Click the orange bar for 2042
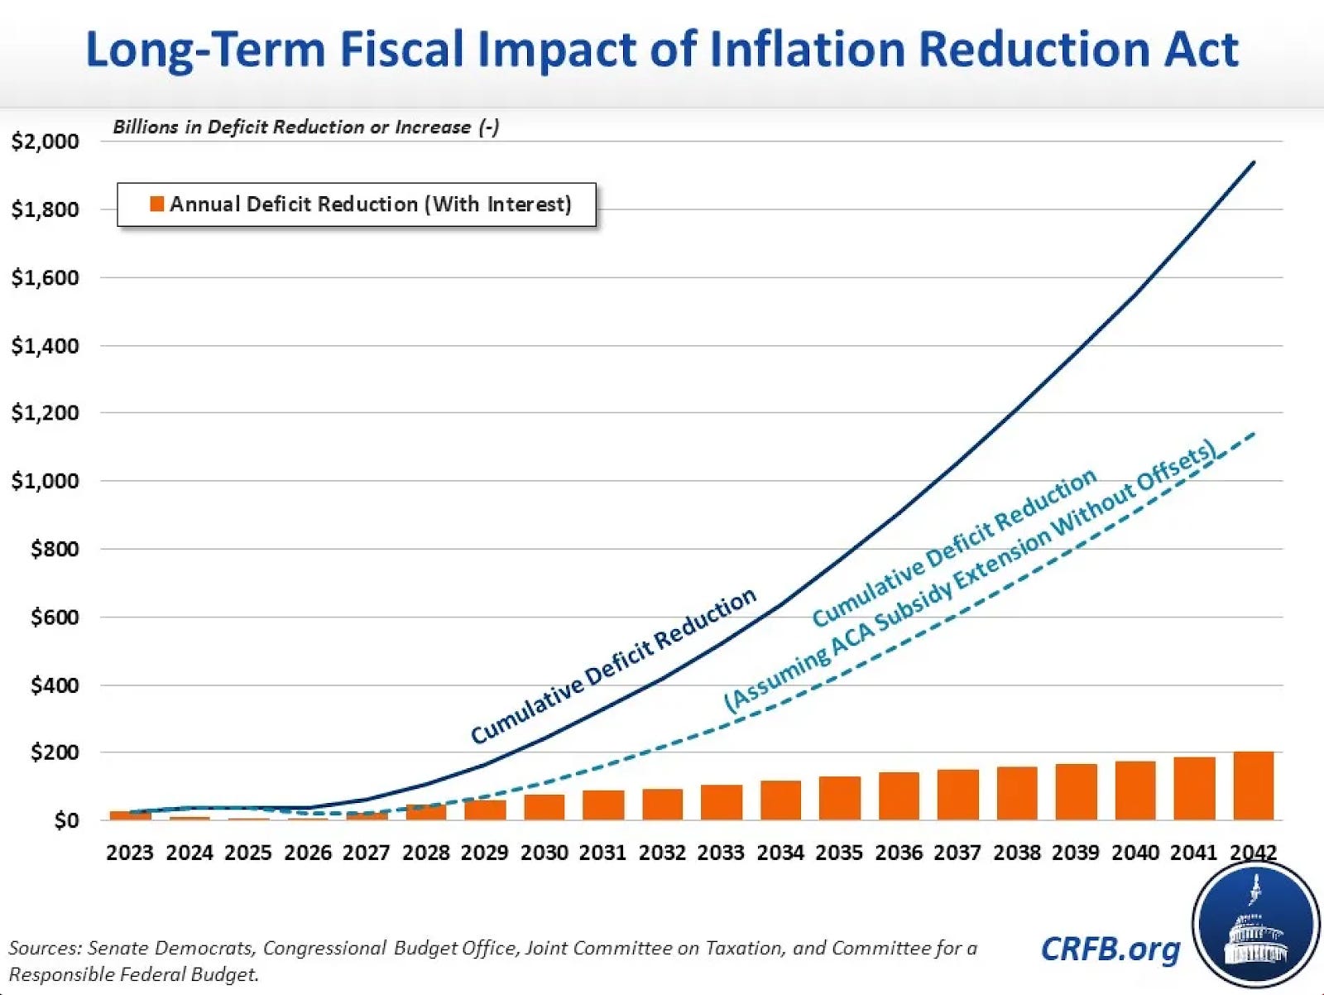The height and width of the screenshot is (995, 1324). (x=1254, y=786)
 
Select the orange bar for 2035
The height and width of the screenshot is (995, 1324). (x=840, y=798)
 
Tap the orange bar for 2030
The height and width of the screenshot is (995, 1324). (x=544, y=807)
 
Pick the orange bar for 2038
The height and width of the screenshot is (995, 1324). (x=1017, y=793)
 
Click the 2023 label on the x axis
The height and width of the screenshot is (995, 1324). (x=130, y=853)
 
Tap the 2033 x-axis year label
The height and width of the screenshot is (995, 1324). (x=721, y=853)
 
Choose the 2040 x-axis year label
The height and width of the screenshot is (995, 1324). (x=1135, y=853)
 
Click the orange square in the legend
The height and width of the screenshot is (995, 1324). (x=156, y=204)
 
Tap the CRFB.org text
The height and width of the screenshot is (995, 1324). (x=1110, y=949)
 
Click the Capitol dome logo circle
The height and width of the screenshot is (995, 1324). (x=1255, y=925)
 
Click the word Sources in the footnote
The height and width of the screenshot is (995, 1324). (x=44, y=948)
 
